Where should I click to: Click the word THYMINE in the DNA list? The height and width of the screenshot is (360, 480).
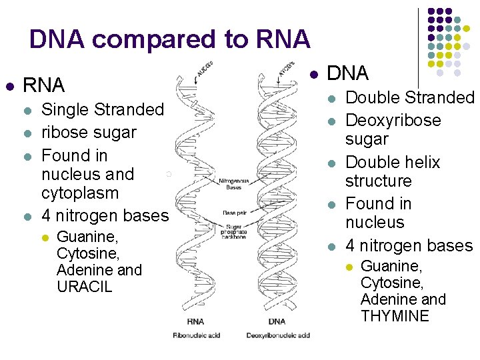(x=395, y=316)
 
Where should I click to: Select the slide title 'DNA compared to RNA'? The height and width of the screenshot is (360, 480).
(x=170, y=40)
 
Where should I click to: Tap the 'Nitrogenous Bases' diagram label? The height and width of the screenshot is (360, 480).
(x=234, y=183)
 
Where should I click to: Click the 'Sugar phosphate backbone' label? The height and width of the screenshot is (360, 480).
(x=234, y=231)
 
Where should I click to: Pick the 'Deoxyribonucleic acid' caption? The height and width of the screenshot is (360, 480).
(x=278, y=335)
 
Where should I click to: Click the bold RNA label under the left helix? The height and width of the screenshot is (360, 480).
(x=195, y=321)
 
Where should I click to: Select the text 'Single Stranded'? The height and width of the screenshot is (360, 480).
(x=103, y=109)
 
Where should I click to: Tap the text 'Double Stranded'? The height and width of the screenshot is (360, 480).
(x=409, y=98)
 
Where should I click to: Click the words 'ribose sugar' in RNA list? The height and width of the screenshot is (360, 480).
(x=89, y=132)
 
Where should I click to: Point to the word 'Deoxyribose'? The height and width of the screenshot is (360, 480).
(x=393, y=121)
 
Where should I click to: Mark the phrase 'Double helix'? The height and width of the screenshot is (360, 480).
(x=393, y=163)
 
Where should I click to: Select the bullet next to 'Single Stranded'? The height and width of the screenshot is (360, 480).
(x=27, y=110)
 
